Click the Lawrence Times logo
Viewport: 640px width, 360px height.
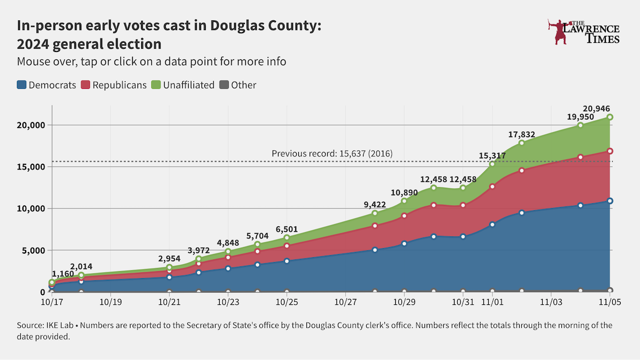[x=584, y=32]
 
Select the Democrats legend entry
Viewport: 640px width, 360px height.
[x=47, y=85]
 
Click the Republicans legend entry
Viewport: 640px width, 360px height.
[x=113, y=85]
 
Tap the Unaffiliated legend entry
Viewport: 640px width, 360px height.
[x=183, y=85]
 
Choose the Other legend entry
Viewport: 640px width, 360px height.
[x=238, y=85]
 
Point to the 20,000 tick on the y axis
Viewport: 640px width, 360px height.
[x=29, y=125]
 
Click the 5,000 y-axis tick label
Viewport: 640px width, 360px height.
[x=33, y=250]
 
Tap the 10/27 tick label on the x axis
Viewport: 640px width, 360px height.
[x=345, y=301]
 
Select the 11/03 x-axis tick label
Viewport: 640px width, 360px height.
[x=551, y=301]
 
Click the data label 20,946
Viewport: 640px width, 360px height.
[x=596, y=108]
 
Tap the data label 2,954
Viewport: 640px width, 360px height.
[x=169, y=259]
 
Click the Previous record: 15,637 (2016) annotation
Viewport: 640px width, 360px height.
[x=332, y=154]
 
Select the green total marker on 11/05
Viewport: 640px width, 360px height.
[x=610, y=117]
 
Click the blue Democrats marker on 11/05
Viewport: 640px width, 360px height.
[x=610, y=201]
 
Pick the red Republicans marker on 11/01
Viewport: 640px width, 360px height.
[x=492, y=186]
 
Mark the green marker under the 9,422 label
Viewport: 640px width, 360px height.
[x=375, y=213]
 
